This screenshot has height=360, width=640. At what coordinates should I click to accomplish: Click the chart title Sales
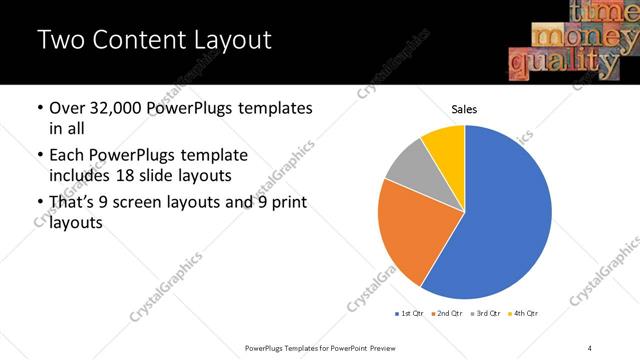pos(464,109)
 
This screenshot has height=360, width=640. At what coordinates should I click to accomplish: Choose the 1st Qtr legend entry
pos(410,314)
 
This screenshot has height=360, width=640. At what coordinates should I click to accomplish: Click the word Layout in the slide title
pos(235,41)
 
